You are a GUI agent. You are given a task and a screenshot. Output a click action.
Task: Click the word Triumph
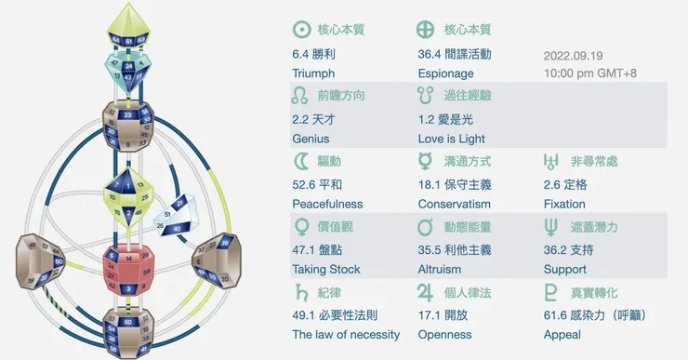click(x=313, y=73)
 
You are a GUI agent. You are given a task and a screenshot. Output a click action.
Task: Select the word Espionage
click(x=445, y=73)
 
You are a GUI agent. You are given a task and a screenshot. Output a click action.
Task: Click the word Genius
click(x=311, y=139)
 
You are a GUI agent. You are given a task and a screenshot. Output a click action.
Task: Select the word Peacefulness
click(x=327, y=204)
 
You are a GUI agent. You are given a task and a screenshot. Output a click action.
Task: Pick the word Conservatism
click(x=455, y=204)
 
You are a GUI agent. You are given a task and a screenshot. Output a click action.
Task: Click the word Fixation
click(x=564, y=204)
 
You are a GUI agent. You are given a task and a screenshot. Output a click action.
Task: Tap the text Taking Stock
click(x=325, y=270)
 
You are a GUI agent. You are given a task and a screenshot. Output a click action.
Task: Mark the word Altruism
click(x=440, y=270)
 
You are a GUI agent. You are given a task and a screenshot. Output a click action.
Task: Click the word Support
click(x=565, y=270)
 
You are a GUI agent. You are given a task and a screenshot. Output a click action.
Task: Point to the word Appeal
click(x=562, y=335)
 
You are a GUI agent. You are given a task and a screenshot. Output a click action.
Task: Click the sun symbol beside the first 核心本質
click(x=300, y=29)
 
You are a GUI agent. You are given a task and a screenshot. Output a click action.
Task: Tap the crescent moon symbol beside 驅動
click(x=300, y=161)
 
